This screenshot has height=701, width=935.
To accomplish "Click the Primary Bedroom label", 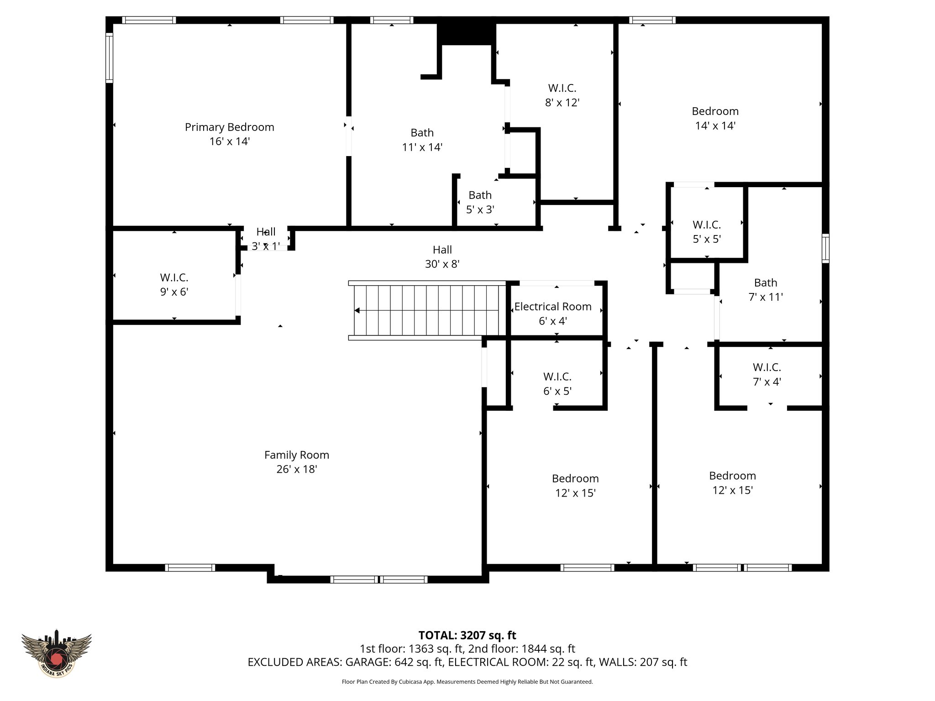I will coord(229,127).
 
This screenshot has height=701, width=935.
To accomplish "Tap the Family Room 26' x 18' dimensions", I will coord(297,469).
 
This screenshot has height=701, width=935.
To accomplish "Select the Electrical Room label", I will coord(553,307).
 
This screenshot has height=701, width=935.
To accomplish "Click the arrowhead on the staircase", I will coord(357,310).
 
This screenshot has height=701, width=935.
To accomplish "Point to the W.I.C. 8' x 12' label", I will coord(562,95).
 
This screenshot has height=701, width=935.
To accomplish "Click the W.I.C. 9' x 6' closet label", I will coord(174,284).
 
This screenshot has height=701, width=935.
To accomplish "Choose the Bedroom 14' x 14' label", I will coord(715,118).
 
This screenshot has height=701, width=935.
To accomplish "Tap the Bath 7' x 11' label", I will coord(766,290).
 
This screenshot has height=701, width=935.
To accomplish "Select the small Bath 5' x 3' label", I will coord(480,202).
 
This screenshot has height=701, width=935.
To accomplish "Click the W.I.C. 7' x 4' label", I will coord(767,374).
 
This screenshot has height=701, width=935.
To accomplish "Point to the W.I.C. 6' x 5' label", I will coord(557,384).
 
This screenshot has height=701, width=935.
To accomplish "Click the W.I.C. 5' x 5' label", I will coord(706,232).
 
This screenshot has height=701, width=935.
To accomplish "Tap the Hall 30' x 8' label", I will coord(442,256).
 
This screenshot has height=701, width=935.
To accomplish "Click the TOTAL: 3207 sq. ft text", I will coord(467,635).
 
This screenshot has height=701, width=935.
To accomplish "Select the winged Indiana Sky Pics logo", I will coord(57,653).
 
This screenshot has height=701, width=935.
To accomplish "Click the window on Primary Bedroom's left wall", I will coord(109,58).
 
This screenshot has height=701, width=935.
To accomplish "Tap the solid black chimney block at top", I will coord(466,31).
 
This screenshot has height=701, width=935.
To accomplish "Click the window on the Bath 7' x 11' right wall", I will coord(825,248).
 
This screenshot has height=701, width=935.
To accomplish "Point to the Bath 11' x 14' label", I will coord(422,140).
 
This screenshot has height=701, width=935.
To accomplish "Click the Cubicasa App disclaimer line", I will coord(467,682).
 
